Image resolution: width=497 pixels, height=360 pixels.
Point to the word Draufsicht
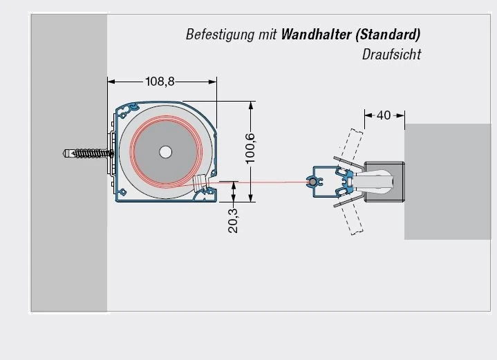(x=391, y=55)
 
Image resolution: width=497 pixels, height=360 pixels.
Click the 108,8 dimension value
(x=160, y=82)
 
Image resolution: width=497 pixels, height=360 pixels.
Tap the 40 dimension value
(x=384, y=115)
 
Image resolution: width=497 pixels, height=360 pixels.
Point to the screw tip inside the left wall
(x=66, y=153)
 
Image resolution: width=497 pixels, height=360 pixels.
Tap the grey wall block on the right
(x=449, y=181)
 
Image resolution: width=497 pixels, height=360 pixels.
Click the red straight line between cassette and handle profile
(x=263, y=182)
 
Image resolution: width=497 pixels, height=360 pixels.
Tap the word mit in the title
(x=268, y=35)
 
